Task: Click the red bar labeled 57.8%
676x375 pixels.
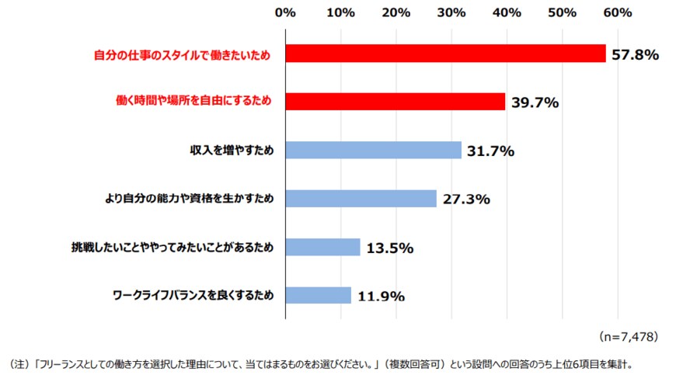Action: click(445, 54)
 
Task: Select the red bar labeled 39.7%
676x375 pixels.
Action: click(395, 102)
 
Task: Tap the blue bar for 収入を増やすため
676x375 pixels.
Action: click(373, 151)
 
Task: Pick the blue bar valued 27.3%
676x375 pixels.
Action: click(361, 199)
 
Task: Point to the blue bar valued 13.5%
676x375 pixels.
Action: click(323, 247)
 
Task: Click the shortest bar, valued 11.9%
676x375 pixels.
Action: click(319, 295)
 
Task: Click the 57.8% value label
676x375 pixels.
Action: click(636, 54)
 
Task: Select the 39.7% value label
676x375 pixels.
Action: click(535, 102)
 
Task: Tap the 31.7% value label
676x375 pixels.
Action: click(491, 151)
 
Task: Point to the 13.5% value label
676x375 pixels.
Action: click(390, 248)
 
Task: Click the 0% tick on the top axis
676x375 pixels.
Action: click(286, 12)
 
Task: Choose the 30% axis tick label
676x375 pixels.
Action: click(451, 12)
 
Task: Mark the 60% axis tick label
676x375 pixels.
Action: click(618, 12)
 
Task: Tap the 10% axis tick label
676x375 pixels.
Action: click(341, 12)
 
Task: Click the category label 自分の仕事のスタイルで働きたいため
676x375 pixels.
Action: click(182, 54)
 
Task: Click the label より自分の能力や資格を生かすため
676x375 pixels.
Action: click(190, 199)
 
